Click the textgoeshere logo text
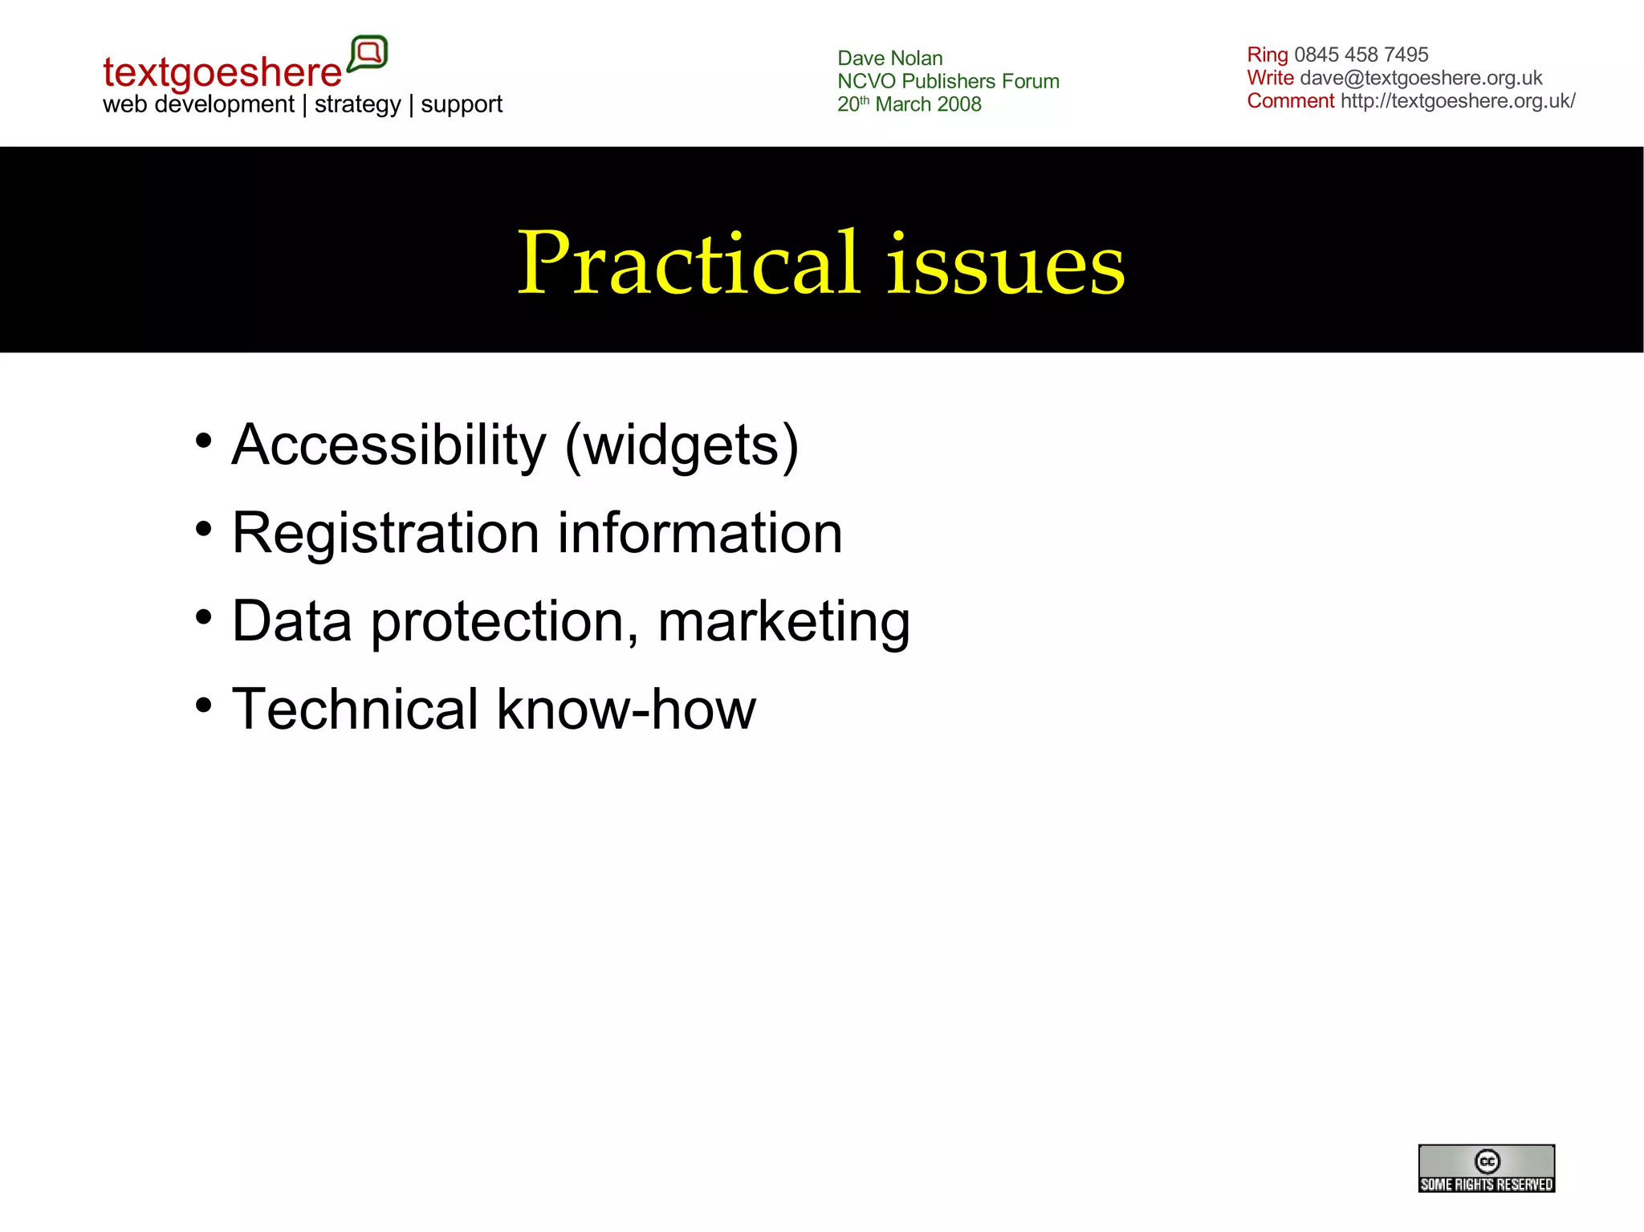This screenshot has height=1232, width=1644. pyautogui.click(x=222, y=72)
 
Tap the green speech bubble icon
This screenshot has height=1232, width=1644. pyautogui.click(x=368, y=54)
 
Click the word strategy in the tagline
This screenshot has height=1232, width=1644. pyautogui.click(x=357, y=104)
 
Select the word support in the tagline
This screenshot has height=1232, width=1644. pyautogui.click(x=462, y=104)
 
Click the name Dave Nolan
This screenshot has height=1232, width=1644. pyautogui.click(x=889, y=59)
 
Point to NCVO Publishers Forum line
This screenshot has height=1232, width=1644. pyautogui.click(x=948, y=81)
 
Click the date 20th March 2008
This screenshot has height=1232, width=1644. pyautogui.click(x=909, y=104)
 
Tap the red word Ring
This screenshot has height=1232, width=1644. pyautogui.click(x=1267, y=55)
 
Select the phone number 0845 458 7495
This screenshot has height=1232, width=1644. pyautogui.click(x=1361, y=55)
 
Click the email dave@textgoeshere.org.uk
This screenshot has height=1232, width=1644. pyautogui.click(x=1421, y=78)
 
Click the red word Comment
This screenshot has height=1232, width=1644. pyautogui.click(x=1290, y=101)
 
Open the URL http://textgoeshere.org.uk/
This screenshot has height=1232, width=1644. pyautogui.click(x=1458, y=101)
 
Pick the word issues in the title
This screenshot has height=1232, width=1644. pyautogui.click(x=1005, y=265)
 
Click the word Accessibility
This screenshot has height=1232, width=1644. pyautogui.click(x=389, y=445)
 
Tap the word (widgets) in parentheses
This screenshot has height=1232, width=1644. pyautogui.click(x=682, y=446)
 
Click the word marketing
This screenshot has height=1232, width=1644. pyautogui.click(x=783, y=622)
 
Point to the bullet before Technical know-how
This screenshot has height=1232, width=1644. pyautogui.click(x=204, y=705)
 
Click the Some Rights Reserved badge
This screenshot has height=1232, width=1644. pyautogui.click(x=1486, y=1168)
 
